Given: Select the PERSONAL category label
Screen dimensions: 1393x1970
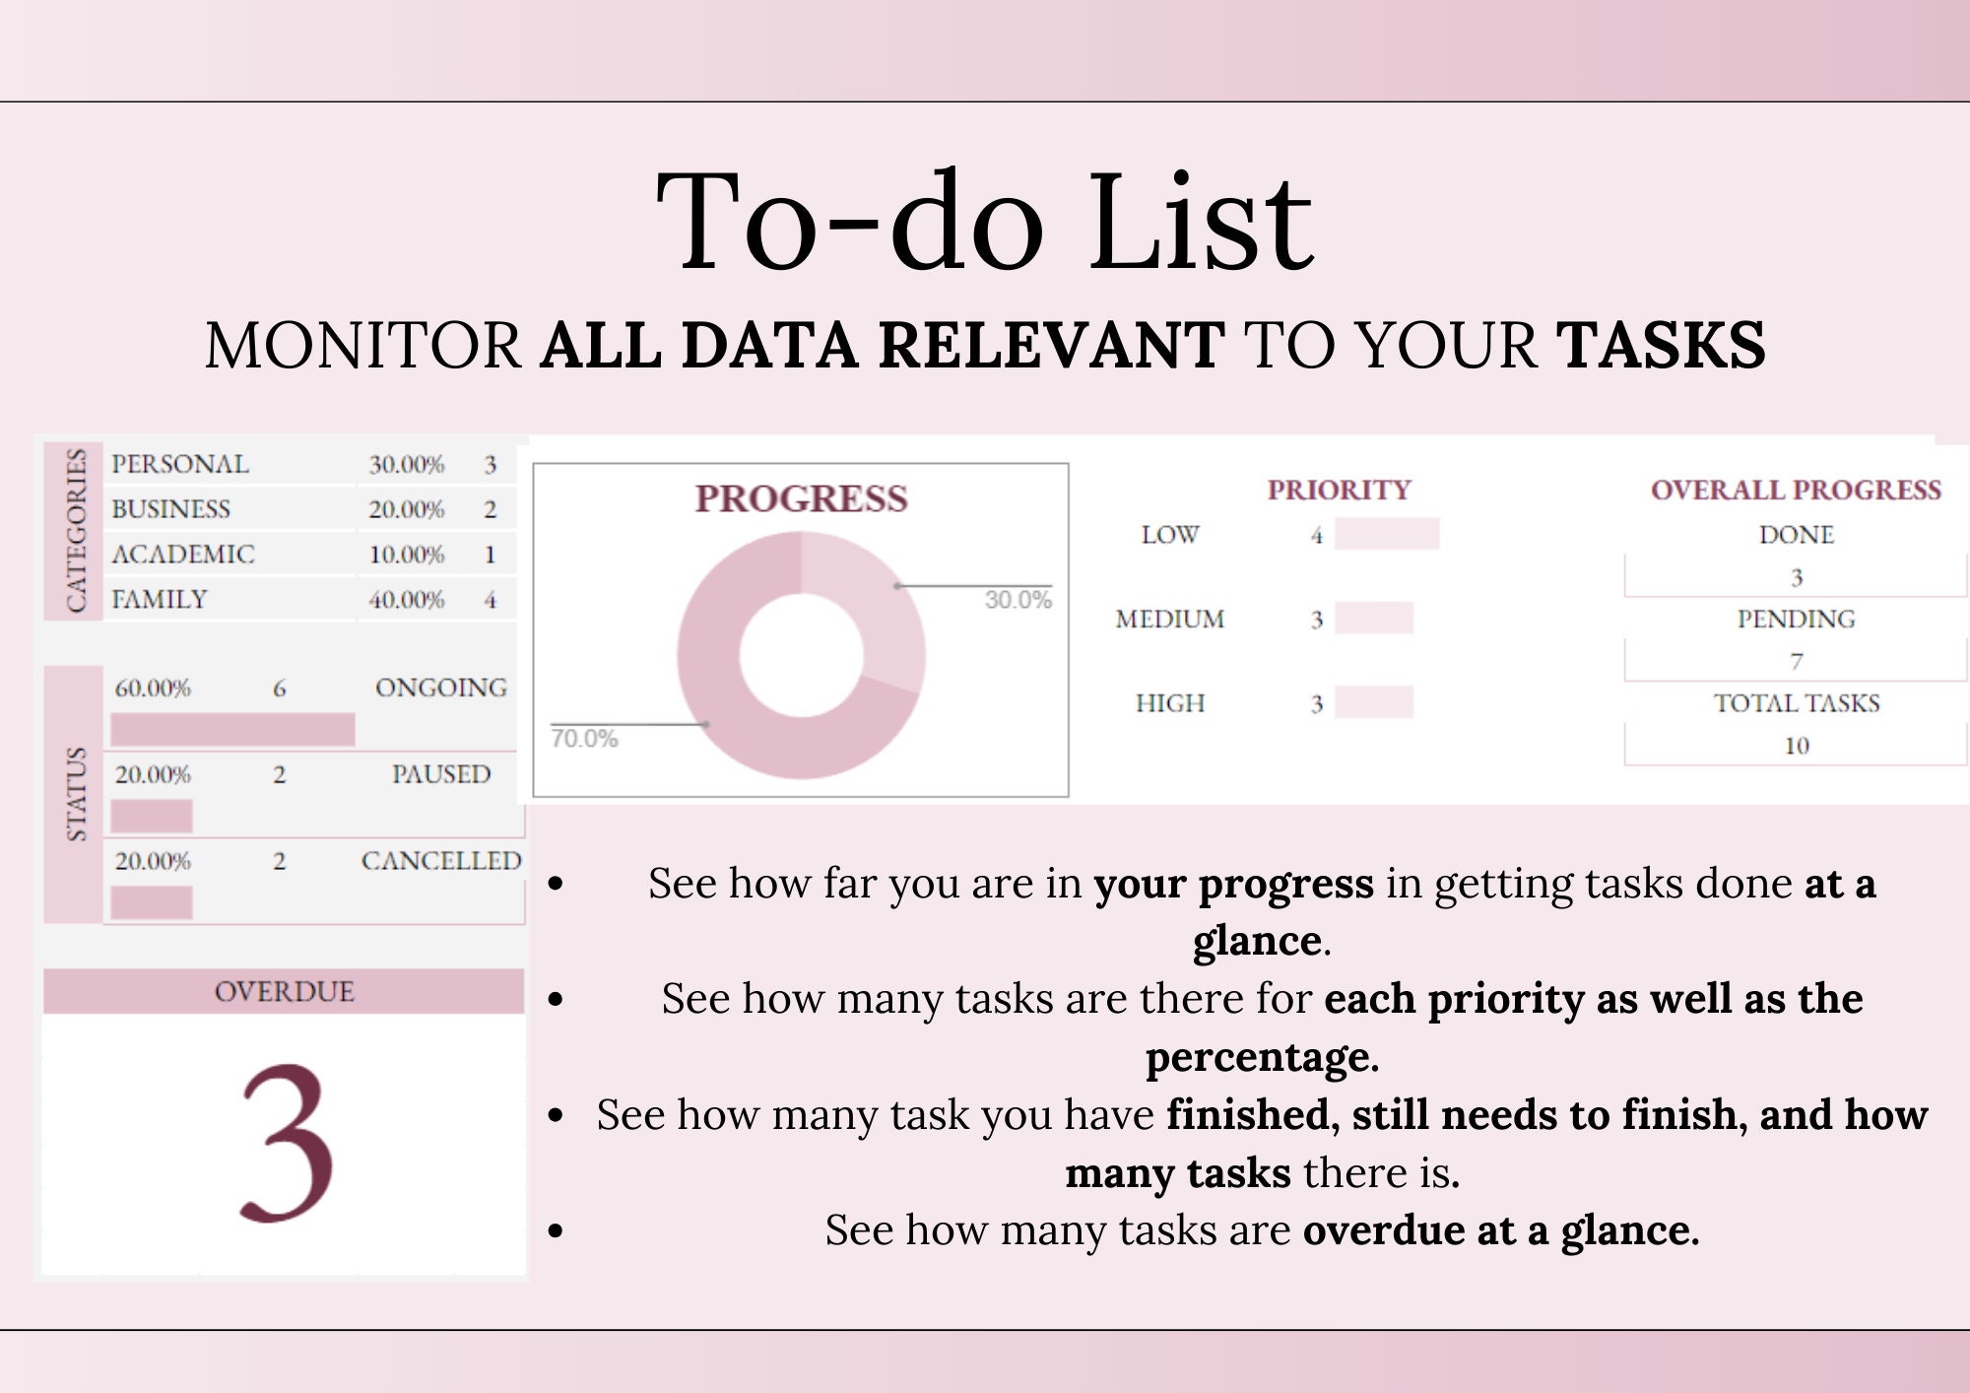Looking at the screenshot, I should click(x=180, y=464).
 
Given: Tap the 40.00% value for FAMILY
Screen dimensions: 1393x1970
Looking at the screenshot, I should click(x=406, y=599).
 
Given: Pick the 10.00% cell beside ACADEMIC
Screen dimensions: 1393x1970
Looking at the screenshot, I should click(x=406, y=555).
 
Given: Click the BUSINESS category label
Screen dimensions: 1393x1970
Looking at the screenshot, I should click(x=170, y=509).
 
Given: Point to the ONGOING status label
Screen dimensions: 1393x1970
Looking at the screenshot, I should click(x=440, y=688).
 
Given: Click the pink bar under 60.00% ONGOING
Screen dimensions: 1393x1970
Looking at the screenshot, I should click(x=232, y=729).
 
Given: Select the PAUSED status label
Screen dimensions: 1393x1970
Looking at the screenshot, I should click(x=440, y=774).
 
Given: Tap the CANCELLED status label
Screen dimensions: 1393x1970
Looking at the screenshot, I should click(x=440, y=861).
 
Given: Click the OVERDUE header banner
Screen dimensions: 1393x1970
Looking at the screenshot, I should click(x=284, y=991).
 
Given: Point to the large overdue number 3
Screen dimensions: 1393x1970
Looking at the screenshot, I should click(x=286, y=1143).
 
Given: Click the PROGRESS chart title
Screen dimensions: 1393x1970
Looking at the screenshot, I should click(x=801, y=498).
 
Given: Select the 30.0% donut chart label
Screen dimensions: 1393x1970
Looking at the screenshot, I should click(x=1018, y=600).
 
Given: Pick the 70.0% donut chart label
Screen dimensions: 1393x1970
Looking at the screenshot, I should click(x=584, y=739).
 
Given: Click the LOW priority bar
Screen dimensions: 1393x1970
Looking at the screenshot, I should click(x=1386, y=534).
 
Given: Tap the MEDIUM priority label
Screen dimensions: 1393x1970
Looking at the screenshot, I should click(x=1169, y=619).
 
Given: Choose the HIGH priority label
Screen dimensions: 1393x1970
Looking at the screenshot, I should click(x=1169, y=703).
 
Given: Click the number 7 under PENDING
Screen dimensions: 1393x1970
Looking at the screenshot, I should click(x=1796, y=661).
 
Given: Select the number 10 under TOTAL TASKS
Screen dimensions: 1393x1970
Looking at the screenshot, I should click(x=1796, y=746).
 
